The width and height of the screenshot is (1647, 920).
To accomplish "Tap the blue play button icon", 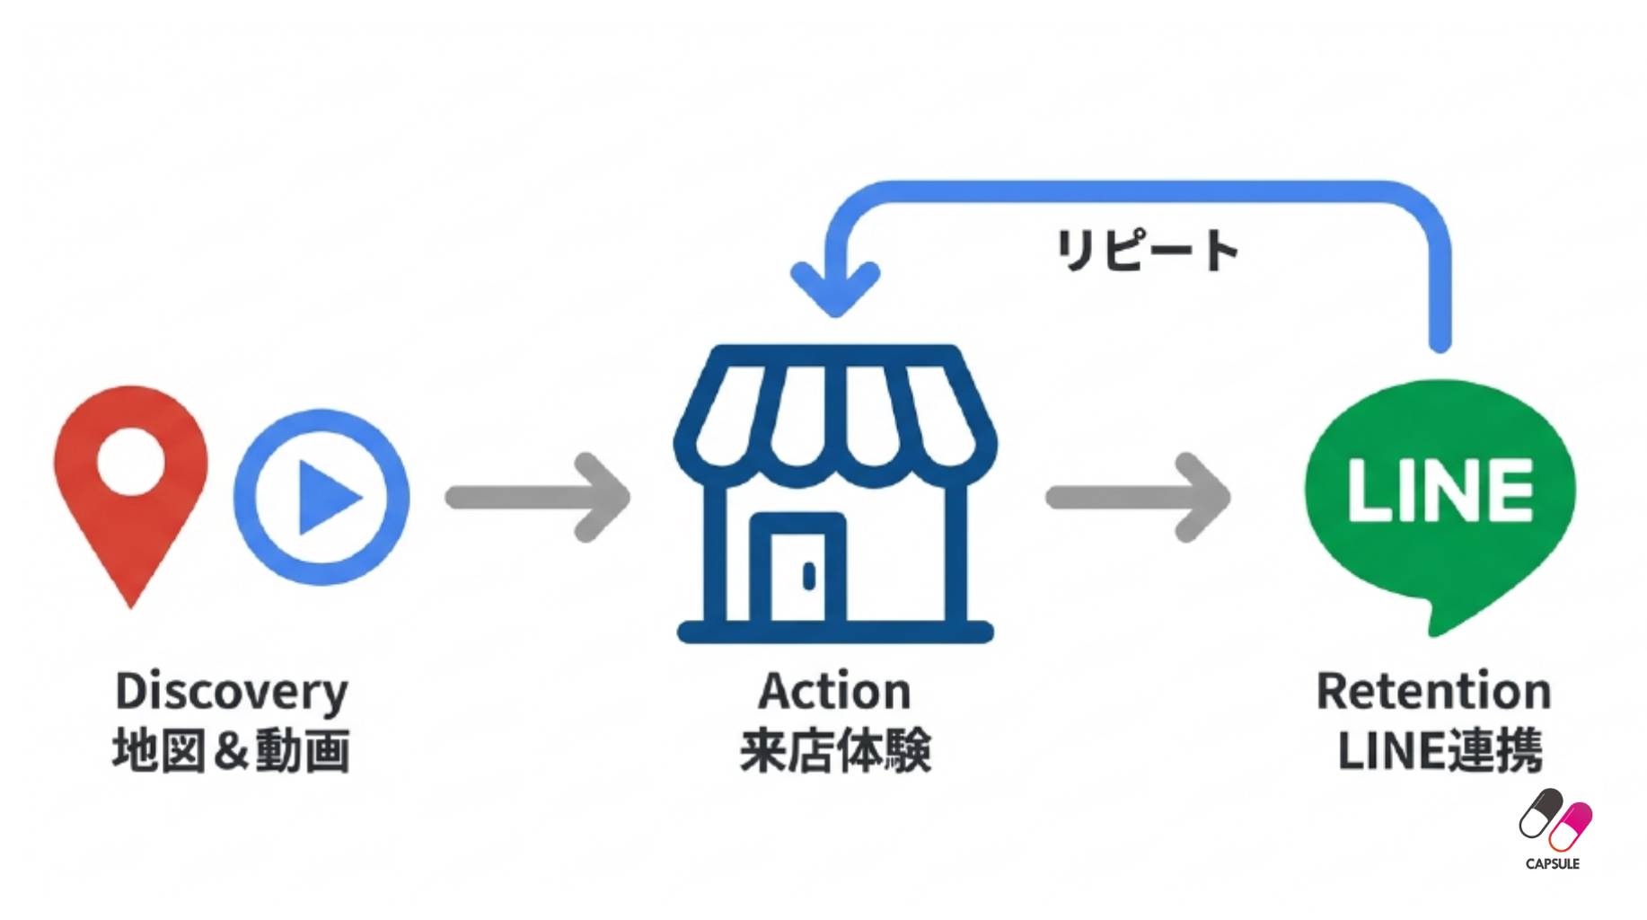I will [321, 497].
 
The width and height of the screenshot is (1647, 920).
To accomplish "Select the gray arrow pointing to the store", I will [538, 497].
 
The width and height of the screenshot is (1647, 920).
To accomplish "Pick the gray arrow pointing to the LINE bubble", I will [1138, 497].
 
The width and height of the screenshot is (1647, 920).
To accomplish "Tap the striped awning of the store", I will [835, 413].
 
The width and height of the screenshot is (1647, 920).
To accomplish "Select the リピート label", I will [1147, 250].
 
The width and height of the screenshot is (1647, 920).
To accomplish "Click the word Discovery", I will [232, 692].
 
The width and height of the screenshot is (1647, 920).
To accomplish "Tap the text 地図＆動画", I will [232, 751].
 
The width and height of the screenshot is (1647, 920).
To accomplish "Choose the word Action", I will [835, 692].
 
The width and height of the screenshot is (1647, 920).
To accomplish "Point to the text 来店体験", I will [835, 751].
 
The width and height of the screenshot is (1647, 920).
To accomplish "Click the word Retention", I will [1434, 692].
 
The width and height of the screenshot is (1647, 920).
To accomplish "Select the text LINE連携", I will [1440, 751].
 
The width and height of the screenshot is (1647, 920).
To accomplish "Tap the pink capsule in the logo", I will [1571, 826].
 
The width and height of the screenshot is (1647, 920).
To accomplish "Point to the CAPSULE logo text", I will [1553, 864].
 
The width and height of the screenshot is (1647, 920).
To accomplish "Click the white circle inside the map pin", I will [131, 461].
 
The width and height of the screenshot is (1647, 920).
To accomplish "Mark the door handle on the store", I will [809, 577].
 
